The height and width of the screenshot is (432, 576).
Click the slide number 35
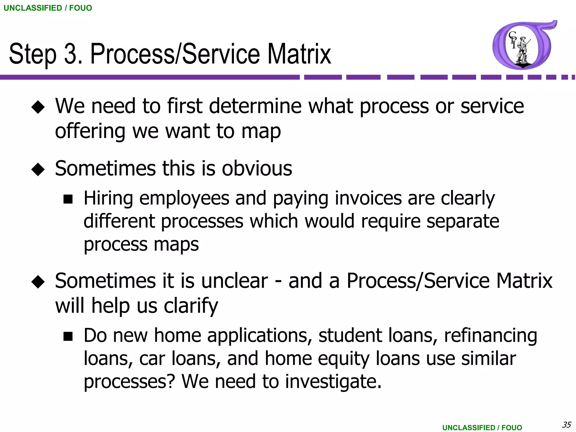[x=566, y=424]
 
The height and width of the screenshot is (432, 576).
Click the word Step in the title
[x=33, y=54]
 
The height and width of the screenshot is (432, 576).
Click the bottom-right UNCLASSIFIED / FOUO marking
[x=482, y=427]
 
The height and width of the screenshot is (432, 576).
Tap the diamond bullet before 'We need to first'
[x=38, y=107]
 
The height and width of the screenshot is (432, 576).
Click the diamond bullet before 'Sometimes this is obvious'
[x=38, y=169]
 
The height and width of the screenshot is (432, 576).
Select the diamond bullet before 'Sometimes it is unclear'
[x=38, y=282]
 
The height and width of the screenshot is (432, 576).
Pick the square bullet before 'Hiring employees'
[x=68, y=199]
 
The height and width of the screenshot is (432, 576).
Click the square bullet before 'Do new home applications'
[x=68, y=336]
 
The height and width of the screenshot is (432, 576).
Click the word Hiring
[x=108, y=199]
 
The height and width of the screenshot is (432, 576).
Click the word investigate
[x=333, y=382]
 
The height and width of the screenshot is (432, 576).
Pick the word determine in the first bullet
[x=255, y=106]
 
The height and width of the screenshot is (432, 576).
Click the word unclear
[x=235, y=281]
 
